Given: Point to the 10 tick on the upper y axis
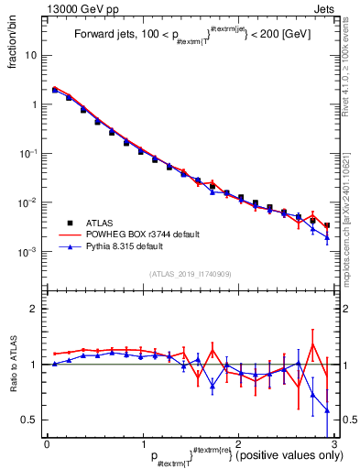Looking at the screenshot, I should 34,55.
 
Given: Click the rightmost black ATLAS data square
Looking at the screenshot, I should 327,224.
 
